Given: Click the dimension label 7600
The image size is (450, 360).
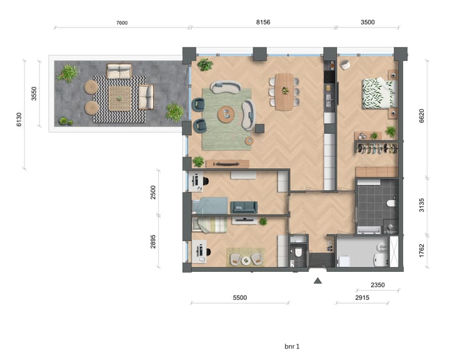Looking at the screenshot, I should tap(122, 22).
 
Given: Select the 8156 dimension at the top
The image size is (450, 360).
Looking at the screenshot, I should tap(263, 22).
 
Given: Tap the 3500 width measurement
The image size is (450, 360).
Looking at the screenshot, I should tap(367, 22).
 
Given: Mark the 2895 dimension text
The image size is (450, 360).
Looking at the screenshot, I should tap(154, 239).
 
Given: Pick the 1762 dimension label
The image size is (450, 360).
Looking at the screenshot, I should tap(422, 251).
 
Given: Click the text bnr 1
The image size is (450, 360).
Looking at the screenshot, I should tap(292, 346).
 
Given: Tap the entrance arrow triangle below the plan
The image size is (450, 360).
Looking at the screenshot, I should tap(317, 281).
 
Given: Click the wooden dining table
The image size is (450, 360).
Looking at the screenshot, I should tap(284, 91).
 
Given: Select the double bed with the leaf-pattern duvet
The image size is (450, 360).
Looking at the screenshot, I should tap(379, 93).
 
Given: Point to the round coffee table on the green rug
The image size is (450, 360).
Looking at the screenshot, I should tap(226, 114).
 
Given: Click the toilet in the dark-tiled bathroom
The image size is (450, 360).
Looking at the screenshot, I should tap(391, 202).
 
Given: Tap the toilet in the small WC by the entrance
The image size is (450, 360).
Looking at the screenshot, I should tap(299, 253).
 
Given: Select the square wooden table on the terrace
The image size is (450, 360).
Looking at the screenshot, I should tap(119, 97).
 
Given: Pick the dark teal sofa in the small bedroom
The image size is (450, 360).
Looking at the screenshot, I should tap(243, 207).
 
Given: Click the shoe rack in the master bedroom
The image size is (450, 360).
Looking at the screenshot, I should tap(376, 148).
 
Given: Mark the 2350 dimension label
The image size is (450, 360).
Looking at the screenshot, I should tap(377, 284).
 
